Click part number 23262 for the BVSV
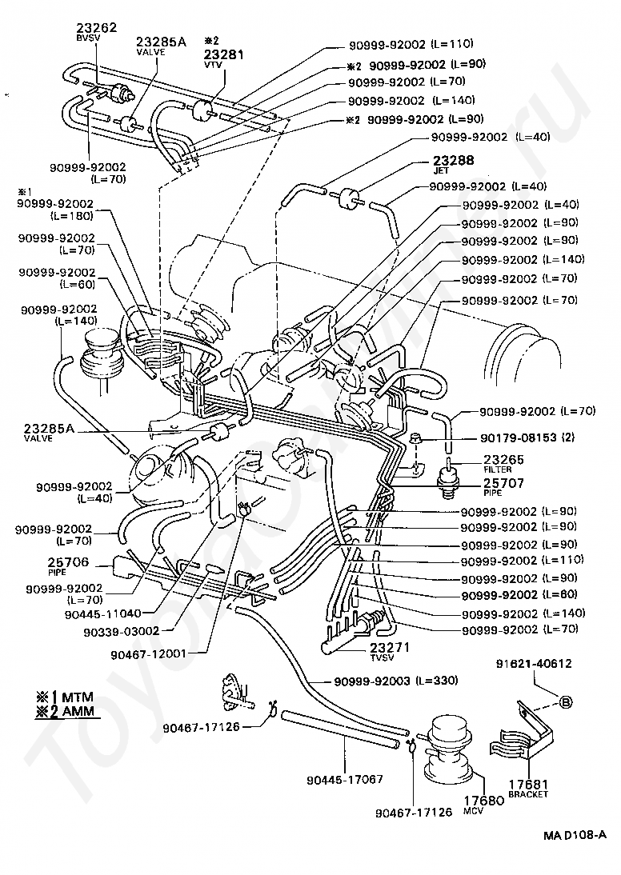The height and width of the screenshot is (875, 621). click(96, 27)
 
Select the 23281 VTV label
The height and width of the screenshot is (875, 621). click(223, 54)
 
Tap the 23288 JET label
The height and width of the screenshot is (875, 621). click(454, 160)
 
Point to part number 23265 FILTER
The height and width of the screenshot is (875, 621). click(503, 459)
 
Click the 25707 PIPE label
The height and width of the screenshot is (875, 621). click(503, 484)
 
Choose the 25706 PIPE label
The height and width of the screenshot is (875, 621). click(68, 562)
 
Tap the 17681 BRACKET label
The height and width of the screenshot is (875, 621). click(527, 785)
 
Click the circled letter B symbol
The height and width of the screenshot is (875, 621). click(565, 703)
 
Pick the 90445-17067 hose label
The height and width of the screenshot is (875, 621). click(345, 779)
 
